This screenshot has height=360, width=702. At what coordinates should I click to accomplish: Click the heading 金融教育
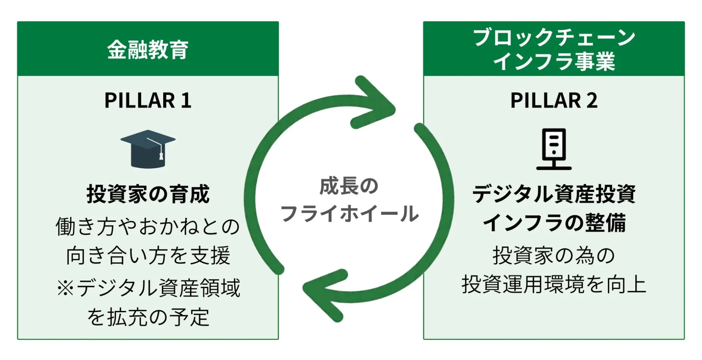click(148, 49)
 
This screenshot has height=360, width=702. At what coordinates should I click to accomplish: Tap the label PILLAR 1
click(148, 100)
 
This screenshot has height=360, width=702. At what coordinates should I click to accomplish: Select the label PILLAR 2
click(554, 100)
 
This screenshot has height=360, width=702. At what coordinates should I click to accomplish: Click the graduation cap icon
click(148, 149)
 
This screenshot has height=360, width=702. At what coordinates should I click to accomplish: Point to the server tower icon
click(554, 149)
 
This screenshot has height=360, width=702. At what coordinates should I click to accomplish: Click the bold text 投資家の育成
click(148, 194)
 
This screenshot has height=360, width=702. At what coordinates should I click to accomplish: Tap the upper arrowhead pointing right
click(377, 103)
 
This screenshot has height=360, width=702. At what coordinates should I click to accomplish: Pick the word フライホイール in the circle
click(349, 213)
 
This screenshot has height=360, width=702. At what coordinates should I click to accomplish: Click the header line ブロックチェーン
click(554, 38)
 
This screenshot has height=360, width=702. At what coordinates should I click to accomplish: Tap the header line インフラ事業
click(554, 61)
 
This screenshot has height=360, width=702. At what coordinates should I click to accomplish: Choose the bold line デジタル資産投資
click(554, 194)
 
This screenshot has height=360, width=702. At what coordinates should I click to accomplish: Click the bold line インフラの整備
click(554, 223)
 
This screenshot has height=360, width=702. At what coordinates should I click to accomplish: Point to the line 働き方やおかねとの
click(148, 227)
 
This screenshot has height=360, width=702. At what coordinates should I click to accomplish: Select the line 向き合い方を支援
click(148, 255)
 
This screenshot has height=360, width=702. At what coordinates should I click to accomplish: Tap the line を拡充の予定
click(148, 317)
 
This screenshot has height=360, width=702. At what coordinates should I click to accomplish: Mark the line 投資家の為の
click(554, 255)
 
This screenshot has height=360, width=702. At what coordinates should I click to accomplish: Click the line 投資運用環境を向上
click(554, 285)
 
